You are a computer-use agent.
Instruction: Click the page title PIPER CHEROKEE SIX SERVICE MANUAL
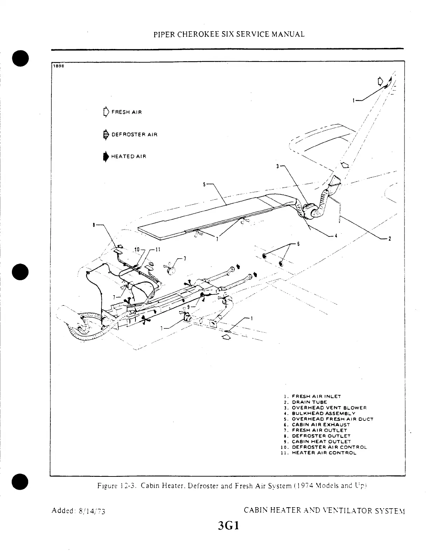[229, 34]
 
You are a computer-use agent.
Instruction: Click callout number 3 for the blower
[277, 166]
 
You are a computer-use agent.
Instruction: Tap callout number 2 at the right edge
[389, 239]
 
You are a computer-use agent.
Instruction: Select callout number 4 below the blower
[336, 235]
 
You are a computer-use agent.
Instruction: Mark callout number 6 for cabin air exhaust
[298, 244]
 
